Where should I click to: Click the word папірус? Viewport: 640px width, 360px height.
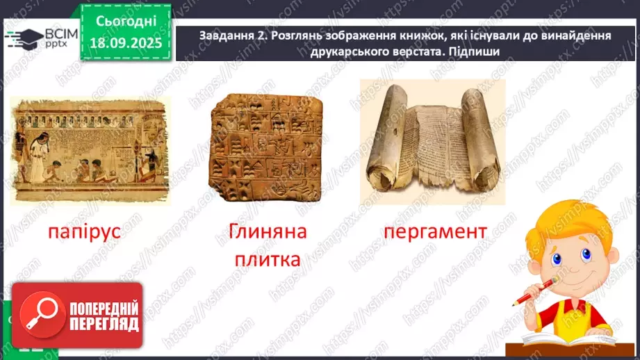[85, 231]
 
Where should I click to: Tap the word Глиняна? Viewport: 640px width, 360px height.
[267, 231]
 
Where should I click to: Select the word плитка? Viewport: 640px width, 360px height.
[267, 261]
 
